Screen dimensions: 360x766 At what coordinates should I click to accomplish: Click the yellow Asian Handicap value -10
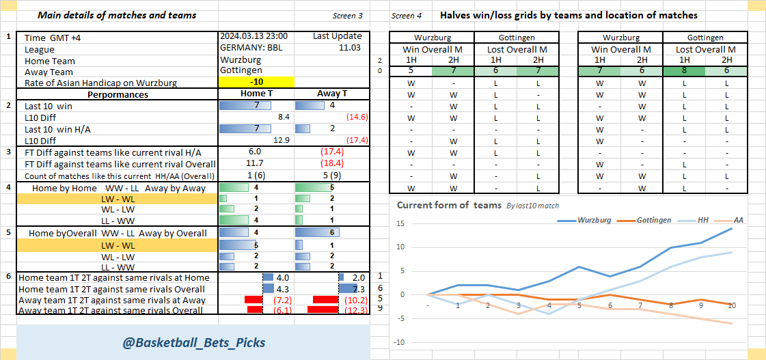256,83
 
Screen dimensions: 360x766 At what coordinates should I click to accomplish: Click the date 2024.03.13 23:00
254,36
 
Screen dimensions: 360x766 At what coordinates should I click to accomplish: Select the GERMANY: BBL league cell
251,48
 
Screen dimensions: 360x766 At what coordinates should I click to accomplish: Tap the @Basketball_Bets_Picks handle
193,342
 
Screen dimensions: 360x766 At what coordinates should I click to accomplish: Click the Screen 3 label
348,16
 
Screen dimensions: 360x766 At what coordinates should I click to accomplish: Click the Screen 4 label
407,16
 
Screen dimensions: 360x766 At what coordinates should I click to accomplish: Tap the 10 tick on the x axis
733,305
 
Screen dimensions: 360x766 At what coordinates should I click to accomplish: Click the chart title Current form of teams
449,205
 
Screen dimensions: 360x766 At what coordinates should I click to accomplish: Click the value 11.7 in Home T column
254,164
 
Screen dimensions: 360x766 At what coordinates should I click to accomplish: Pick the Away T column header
332,94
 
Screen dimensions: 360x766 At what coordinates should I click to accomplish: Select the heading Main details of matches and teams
117,15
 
